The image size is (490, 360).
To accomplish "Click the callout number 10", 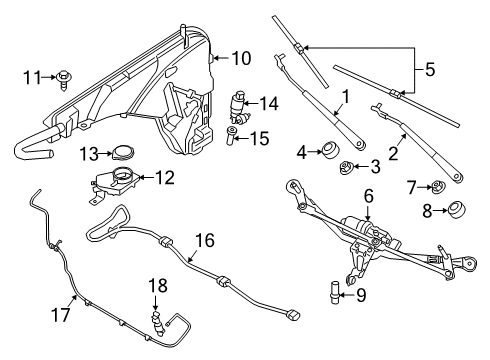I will coord(241,57).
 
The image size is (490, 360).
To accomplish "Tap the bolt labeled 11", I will coord(65,75).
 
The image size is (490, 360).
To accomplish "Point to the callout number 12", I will coord(164,178).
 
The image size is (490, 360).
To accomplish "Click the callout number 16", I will coord(205,240).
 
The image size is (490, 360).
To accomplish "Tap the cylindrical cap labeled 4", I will coord(326,152).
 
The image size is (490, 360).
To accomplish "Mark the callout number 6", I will coord(368,196).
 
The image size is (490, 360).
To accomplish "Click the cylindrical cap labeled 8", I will coord(459,211).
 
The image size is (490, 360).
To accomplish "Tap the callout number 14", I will coord(268,103).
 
